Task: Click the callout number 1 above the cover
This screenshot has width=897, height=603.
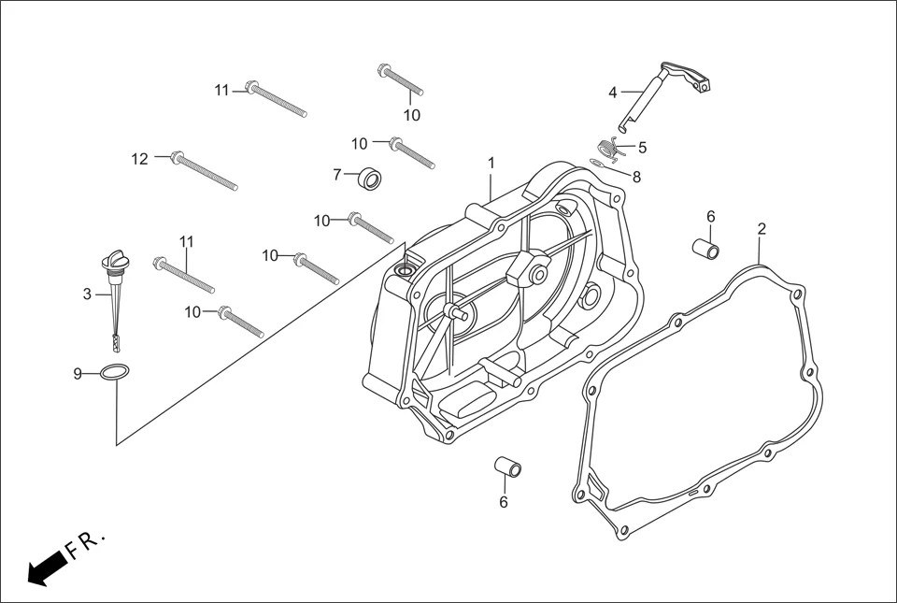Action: [491, 163]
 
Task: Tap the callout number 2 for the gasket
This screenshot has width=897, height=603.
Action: [762, 228]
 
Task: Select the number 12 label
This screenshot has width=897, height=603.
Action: [139, 159]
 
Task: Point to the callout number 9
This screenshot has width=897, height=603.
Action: [78, 374]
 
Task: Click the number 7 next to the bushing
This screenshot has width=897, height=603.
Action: [337, 174]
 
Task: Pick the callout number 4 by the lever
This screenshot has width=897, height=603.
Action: [613, 93]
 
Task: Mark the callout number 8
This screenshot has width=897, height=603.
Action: [636, 177]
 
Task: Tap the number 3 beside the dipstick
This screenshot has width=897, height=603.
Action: [87, 294]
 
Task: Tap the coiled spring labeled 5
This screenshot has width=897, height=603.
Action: [608, 147]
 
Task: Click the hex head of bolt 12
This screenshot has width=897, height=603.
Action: [175, 155]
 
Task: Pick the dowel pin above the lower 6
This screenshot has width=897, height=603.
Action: [507, 466]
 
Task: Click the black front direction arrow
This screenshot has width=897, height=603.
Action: [47, 567]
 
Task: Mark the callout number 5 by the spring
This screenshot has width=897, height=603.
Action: [642, 147]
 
